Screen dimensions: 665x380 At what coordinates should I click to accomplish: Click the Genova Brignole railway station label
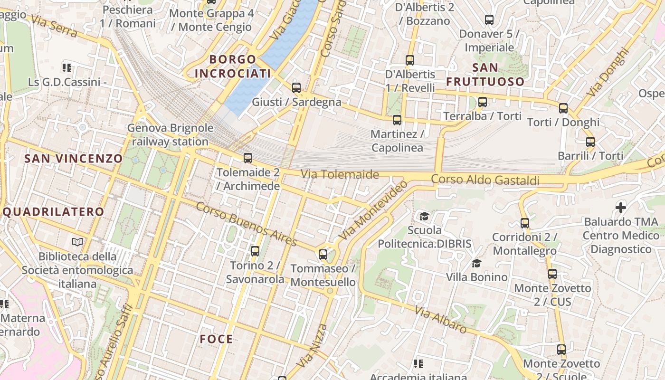(170, 135)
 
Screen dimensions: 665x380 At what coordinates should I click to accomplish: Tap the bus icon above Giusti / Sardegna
(296, 88)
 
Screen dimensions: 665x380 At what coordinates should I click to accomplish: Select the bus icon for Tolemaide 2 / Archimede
(247, 158)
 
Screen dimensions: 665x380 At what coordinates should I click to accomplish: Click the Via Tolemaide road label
(340, 174)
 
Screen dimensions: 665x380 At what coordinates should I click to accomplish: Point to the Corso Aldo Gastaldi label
(485, 180)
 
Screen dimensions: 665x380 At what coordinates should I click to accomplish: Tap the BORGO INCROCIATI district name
(233, 66)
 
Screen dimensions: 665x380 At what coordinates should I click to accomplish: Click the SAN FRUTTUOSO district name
(485, 74)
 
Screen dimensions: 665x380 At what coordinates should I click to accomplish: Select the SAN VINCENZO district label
(74, 159)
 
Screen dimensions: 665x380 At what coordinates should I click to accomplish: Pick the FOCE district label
(217, 339)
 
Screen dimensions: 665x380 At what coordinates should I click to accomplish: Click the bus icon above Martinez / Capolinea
(397, 120)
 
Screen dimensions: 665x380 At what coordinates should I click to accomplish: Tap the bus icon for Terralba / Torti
(483, 102)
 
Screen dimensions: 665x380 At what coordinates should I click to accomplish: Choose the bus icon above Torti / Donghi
(563, 108)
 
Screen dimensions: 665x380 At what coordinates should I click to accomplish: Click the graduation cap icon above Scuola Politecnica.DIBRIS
(424, 217)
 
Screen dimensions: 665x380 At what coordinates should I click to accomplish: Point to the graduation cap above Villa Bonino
(476, 263)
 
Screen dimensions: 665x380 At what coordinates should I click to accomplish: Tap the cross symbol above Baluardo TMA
(621, 208)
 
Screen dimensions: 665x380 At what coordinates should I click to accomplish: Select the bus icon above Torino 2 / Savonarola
(255, 251)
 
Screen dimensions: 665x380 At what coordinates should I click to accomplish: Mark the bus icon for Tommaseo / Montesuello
(323, 255)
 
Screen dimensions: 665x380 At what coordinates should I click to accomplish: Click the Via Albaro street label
(441, 320)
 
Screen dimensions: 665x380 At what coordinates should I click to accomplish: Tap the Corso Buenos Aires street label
(246, 224)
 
